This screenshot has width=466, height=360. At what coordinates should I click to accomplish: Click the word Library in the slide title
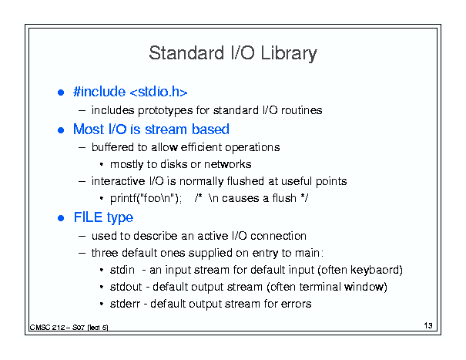[x=289, y=54]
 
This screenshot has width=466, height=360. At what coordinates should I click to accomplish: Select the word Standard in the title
[x=186, y=52]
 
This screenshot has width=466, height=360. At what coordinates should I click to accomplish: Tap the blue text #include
[x=99, y=91]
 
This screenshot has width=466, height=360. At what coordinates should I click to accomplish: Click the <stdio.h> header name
[x=159, y=91]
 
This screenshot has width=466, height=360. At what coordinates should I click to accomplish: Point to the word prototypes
[x=166, y=111]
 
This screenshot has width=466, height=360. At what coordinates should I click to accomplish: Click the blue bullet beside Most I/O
[x=61, y=130]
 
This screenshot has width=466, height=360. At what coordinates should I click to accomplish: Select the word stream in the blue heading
[x=166, y=130]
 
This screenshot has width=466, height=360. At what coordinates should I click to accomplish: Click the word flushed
[x=246, y=181]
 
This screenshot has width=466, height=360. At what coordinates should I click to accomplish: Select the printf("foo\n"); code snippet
[x=146, y=198]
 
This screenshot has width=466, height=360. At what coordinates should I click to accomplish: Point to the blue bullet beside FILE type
[x=61, y=218]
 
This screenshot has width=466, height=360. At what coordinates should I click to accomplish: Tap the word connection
[x=278, y=236]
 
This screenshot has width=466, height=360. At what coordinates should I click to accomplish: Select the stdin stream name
[x=122, y=270]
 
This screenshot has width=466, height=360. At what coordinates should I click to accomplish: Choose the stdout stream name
[x=126, y=287]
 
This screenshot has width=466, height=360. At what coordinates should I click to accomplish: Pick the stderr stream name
[x=125, y=304]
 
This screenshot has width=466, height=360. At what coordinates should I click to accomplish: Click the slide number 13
[x=428, y=325]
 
